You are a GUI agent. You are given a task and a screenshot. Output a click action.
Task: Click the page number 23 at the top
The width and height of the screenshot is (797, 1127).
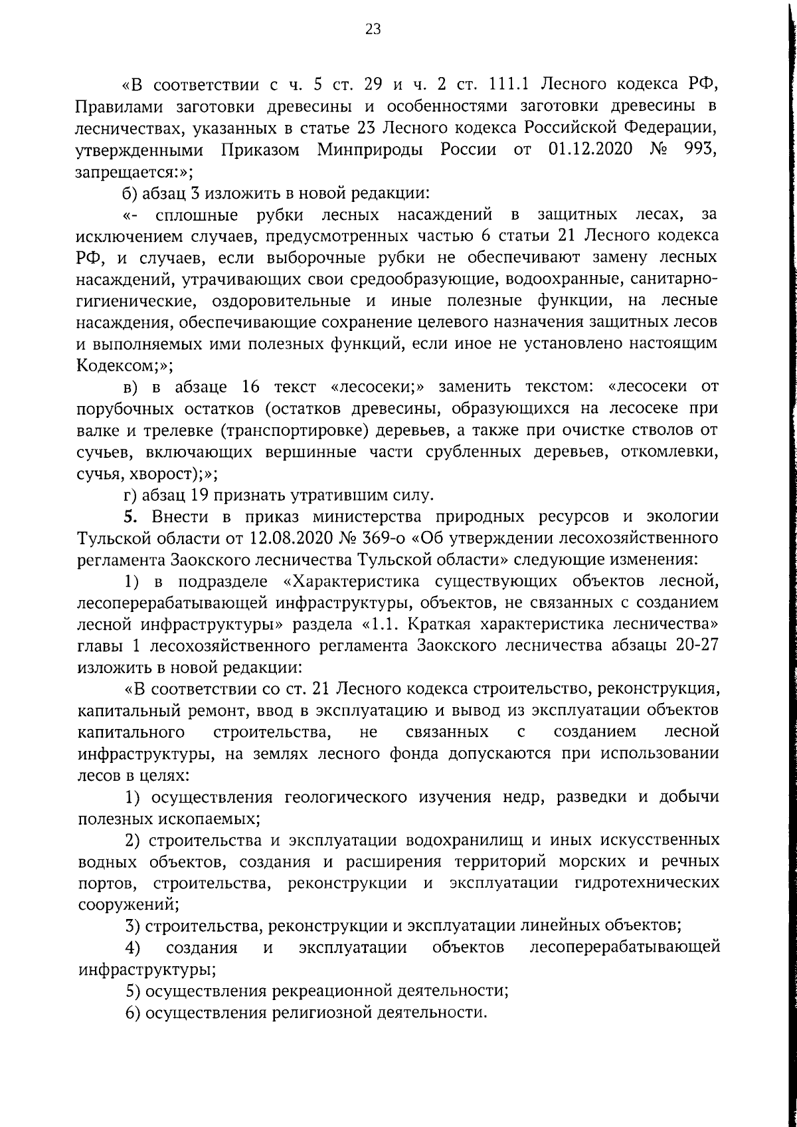373,29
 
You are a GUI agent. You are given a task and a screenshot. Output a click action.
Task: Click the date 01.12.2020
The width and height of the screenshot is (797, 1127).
592,150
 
